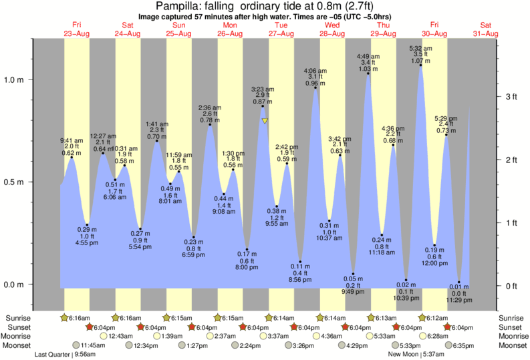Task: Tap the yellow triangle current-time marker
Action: (x=265, y=121)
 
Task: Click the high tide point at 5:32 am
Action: (x=420, y=65)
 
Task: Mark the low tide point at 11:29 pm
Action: (x=459, y=283)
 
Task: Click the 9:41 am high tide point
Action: (x=72, y=157)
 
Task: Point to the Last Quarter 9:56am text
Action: (x=65, y=355)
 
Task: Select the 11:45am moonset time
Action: (x=94, y=346)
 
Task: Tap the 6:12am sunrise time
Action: (x=435, y=318)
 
